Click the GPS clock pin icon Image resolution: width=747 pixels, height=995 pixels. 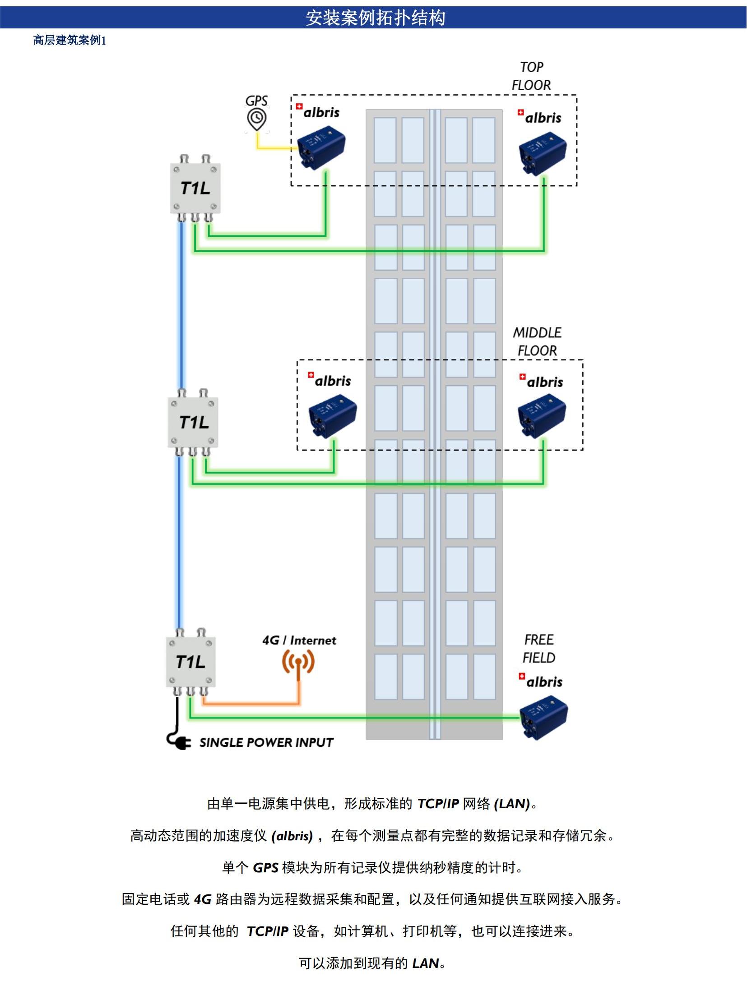(x=257, y=119)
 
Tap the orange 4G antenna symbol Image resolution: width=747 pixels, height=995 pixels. (x=298, y=663)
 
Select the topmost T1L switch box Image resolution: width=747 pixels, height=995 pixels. (x=195, y=188)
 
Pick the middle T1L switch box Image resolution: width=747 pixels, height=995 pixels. (x=193, y=422)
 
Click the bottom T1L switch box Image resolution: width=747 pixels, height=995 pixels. (x=191, y=662)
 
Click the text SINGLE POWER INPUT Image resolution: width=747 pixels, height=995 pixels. (x=266, y=742)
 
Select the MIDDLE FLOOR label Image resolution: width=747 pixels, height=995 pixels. (x=537, y=341)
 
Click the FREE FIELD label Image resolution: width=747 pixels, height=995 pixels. (x=539, y=648)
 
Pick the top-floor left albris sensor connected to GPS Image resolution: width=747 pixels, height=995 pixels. (x=321, y=147)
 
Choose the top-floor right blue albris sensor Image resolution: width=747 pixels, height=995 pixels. (x=543, y=153)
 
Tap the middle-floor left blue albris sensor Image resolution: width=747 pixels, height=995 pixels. (x=333, y=415)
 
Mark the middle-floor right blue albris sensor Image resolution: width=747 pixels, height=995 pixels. (x=542, y=415)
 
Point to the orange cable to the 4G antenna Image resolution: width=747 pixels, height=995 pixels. (x=253, y=703)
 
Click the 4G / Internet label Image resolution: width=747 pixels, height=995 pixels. (x=299, y=640)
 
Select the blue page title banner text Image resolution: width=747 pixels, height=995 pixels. (x=376, y=18)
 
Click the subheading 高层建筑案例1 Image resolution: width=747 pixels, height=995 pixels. (x=70, y=41)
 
